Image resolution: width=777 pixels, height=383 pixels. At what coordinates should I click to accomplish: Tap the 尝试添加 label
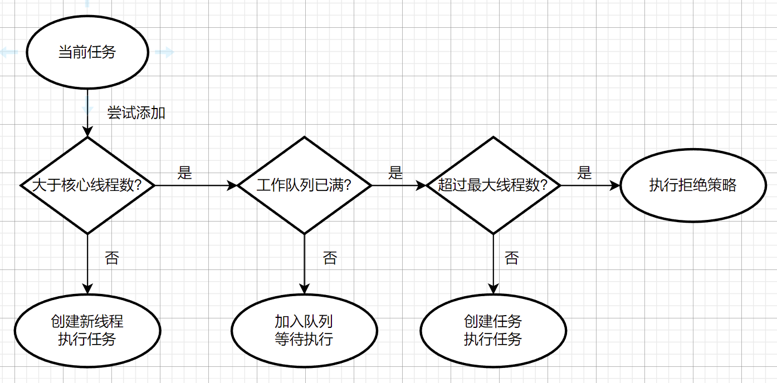coord(136,113)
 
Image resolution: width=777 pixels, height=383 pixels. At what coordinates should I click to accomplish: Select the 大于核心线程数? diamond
coord(87,185)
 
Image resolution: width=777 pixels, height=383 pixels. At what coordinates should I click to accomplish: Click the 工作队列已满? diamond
coord(304,185)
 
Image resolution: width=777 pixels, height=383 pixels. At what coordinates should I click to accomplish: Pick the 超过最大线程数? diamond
coord(493,185)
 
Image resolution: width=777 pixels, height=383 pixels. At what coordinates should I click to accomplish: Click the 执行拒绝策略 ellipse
coord(693,185)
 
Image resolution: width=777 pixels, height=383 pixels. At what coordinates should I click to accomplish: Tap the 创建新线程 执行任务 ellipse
coord(87,331)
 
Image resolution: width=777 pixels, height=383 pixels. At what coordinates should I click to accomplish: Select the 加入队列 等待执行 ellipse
coord(304,331)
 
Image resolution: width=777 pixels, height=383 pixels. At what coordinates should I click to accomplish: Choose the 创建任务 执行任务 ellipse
coord(493,331)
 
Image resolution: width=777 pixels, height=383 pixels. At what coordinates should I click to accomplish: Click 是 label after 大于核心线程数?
coord(185,173)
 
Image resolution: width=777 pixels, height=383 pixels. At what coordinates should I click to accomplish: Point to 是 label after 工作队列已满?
coord(395,173)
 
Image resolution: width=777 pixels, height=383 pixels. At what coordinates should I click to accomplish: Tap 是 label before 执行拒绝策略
coord(584,173)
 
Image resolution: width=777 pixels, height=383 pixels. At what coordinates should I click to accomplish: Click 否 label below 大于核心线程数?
coord(112,258)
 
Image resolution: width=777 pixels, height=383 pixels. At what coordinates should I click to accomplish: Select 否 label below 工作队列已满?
coord(330,258)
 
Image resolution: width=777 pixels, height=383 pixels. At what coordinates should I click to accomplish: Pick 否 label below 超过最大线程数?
coord(511,258)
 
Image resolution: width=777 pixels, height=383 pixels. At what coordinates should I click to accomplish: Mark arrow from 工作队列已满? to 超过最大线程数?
coord(398,185)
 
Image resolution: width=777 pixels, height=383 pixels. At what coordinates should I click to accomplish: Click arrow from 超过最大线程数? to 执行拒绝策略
coord(590,185)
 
